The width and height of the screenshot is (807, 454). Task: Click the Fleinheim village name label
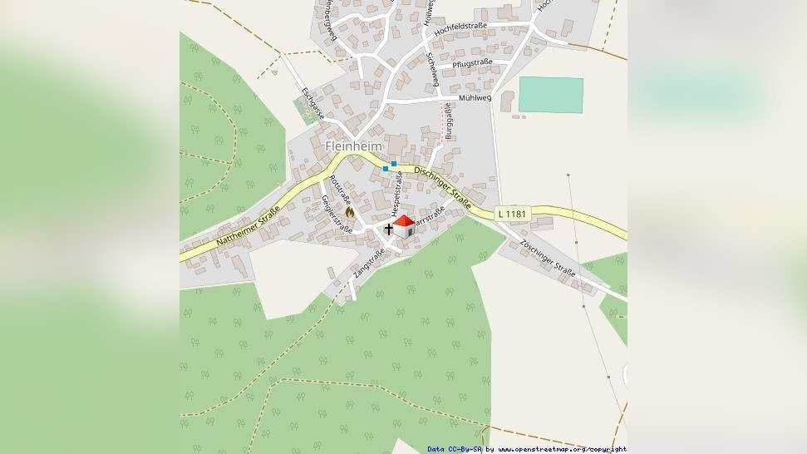coord(352,146)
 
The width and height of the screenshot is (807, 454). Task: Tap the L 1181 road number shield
coord(512,214)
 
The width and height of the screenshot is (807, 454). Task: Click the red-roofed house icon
coord(403,226)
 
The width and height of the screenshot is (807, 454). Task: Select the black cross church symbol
coord(388,228)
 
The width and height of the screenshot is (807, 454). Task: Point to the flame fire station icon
coord(349,212)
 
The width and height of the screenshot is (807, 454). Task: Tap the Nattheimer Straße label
coord(247,227)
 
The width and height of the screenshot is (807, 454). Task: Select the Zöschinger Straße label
coord(548,257)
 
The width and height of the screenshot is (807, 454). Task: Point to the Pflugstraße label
coord(472,63)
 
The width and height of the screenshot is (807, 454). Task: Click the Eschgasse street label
coord(312,103)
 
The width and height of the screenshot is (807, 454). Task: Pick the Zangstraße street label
coord(368,262)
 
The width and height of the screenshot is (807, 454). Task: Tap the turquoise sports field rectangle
coord(550,95)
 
